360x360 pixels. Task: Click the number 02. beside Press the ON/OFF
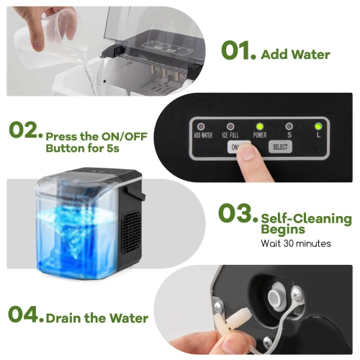24,132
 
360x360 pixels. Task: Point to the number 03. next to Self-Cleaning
235,215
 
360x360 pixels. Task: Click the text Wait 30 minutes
296,243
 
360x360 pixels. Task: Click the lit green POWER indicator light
259,125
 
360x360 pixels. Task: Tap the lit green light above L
318,125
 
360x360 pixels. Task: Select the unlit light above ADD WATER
201,125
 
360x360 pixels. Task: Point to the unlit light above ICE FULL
230,125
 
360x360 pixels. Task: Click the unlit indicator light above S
289,125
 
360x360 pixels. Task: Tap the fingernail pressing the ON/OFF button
246,153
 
